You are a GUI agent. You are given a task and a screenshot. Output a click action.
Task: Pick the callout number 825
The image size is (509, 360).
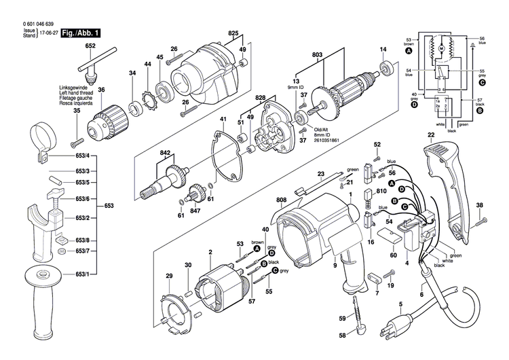click(233, 33)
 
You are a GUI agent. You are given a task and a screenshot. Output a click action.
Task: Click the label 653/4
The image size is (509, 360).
click(82, 157)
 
